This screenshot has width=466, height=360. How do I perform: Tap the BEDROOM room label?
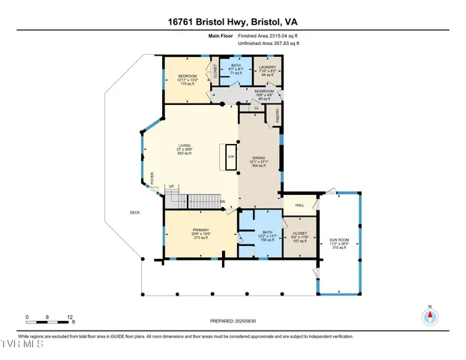coord(187,76)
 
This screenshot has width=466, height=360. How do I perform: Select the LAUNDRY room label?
coord(267,67)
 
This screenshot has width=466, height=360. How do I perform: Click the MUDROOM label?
coord(264,91)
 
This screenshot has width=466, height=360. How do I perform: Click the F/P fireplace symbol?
coord(231,157)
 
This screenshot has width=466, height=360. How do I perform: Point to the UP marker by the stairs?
coord(172,187)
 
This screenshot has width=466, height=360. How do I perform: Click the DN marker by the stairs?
coord(222,202)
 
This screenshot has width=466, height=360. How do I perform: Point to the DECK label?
coord(134,212)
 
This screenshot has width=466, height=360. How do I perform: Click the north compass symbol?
coord(429,316)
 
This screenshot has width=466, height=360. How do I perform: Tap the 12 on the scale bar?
coord(69,317)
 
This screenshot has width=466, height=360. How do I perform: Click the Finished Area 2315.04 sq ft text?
coord(269,35)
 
